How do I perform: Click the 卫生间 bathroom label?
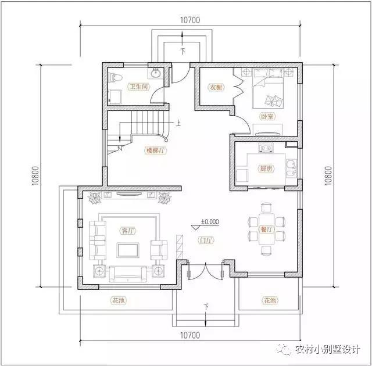(139, 87)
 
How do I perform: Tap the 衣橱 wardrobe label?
(216, 88)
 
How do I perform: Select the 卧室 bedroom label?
(267, 117)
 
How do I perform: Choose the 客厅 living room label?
(127, 231)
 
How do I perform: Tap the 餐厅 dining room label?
(267, 229)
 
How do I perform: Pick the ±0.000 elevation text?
(209, 221)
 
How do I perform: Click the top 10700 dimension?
(190, 20)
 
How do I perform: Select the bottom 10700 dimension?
(190, 335)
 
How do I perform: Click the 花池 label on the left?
(119, 301)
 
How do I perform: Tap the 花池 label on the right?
(269, 301)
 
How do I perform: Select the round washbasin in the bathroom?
(155, 73)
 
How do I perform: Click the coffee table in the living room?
(127, 250)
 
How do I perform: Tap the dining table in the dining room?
(266, 228)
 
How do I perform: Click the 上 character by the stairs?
(178, 123)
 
